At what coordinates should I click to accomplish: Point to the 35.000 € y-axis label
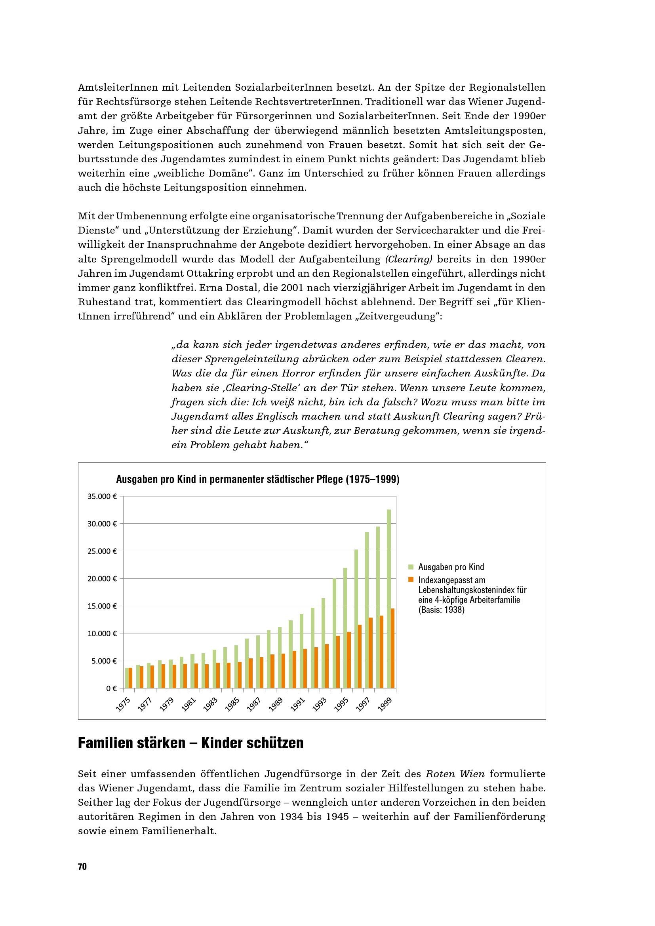click(x=102, y=496)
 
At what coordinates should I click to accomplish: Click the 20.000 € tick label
click(x=102, y=579)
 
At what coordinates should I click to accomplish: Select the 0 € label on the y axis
click(x=111, y=688)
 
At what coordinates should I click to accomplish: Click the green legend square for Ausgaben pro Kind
click(x=411, y=567)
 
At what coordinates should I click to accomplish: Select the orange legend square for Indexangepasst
click(x=411, y=580)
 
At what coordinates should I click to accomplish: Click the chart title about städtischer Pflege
click(x=258, y=479)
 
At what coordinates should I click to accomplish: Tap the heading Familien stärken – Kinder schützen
click(x=190, y=743)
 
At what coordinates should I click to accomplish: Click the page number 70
click(x=82, y=867)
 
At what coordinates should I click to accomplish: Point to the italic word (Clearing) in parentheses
click(x=409, y=259)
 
